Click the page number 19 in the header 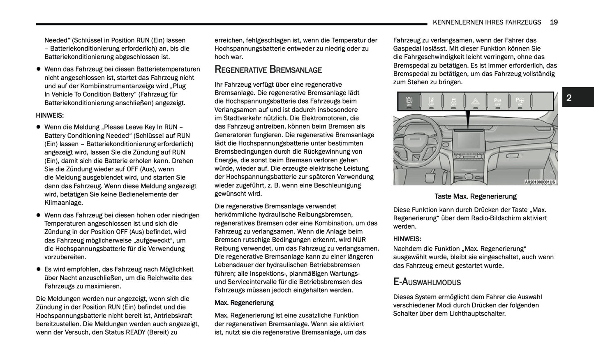[x=553, y=22]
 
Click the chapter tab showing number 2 [x=569, y=97]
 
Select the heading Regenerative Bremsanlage [x=268, y=69]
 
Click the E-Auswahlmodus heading [x=427, y=282]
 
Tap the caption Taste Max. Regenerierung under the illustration [x=475, y=196]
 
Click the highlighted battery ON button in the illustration [x=409, y=101]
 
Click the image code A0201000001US [x=540, y=182]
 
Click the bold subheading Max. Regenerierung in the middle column [x=244, y=303]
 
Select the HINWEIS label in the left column [x=50, y=115]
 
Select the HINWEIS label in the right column [x=407, y=239]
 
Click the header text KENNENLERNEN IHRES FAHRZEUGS [x=487, y=22]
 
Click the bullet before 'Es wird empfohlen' [x=39, y=270]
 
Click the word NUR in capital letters [x=359, y=240]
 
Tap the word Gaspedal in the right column [x=407, y=48]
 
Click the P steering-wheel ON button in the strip [x=520, y=101]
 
